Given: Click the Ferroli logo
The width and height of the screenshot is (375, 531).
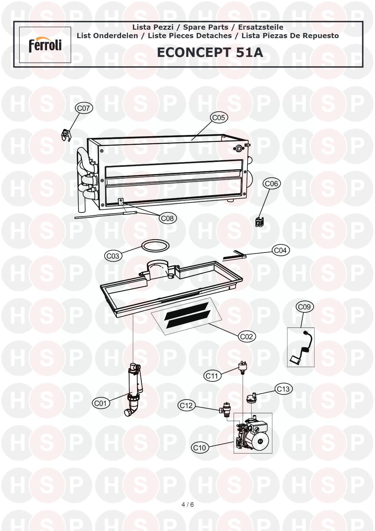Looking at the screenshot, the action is tap(45, 45).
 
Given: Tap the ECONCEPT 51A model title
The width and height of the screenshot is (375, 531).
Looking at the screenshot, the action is tap(210, 52).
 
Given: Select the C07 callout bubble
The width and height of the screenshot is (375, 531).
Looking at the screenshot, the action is tap(84, 108).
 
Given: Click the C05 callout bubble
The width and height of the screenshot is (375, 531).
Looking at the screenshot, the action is tap(219, 117).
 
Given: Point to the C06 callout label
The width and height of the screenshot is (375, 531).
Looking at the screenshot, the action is tap(271, 183).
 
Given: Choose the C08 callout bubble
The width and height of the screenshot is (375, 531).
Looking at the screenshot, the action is tap(168, 218).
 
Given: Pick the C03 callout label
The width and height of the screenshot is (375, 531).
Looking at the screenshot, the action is tap(113, 256).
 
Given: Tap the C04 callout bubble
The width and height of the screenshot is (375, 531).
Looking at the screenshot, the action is tap(280, 250).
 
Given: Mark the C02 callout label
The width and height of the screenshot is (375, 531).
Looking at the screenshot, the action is tap(247, 336).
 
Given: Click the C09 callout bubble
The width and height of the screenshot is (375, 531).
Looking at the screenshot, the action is tap(304, 307).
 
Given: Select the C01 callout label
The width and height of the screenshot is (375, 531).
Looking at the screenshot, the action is tap(101, 403).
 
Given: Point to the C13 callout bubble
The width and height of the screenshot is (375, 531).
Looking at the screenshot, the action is tap(284, 389).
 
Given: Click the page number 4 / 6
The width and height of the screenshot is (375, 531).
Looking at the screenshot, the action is tap(188, 504).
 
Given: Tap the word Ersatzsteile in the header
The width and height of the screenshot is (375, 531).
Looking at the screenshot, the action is tap(261, 27).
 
